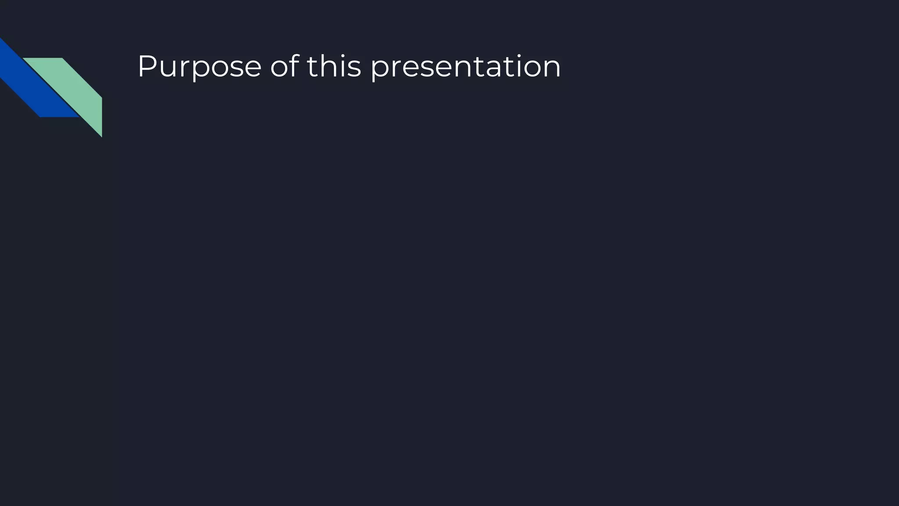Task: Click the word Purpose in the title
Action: coord(199,67)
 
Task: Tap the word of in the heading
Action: coord(284,67)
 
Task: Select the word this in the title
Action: coord(334,67)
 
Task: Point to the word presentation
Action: coord(465,67)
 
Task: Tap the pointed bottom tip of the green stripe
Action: coord(101,135)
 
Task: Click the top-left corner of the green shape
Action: coord(24,58)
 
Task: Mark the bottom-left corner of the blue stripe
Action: coord(40,116)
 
